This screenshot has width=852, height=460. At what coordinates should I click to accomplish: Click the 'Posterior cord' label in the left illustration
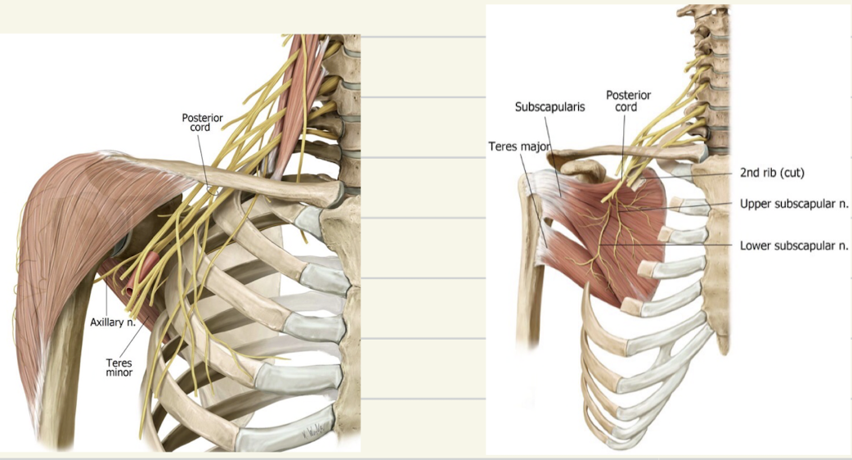202,122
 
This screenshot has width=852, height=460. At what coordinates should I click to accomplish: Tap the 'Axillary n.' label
113,322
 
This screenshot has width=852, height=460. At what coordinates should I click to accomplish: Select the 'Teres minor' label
119,368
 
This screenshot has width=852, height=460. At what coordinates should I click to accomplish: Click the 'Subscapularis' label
549,107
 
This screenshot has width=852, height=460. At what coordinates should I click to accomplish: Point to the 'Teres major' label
519,147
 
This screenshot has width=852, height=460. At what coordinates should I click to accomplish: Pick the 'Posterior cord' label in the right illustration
628,101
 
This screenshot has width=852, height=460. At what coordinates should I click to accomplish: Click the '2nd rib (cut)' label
774,173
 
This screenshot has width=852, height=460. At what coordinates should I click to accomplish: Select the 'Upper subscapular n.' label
793,203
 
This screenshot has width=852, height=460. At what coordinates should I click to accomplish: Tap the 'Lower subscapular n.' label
793,245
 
